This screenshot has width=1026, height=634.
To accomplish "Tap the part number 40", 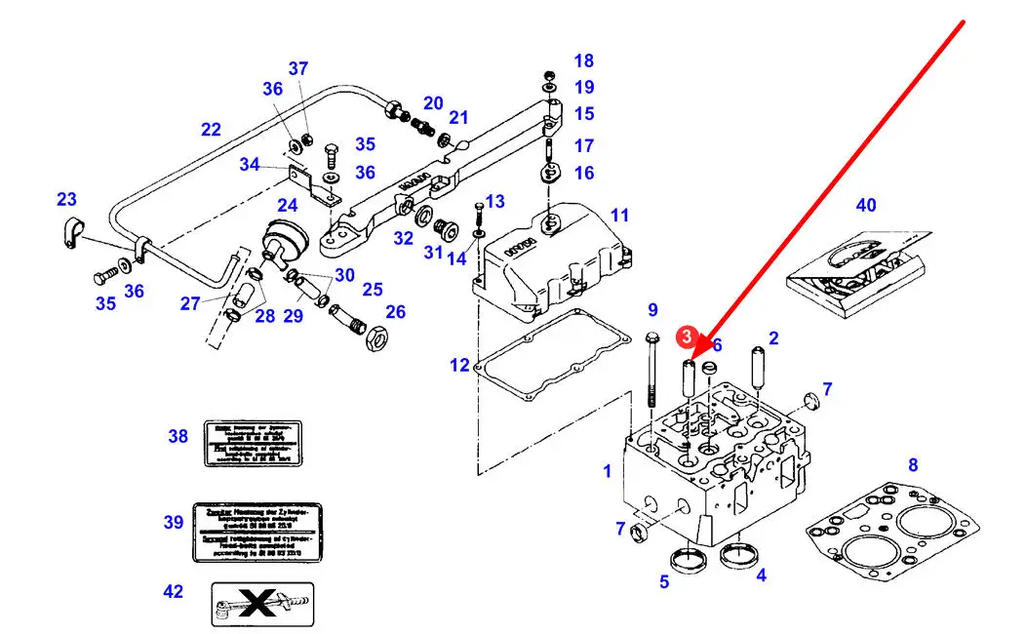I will pyautogui.click(x=866, y=206).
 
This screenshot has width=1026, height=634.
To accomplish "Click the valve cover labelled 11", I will pyautogui.click(x=551, y=260).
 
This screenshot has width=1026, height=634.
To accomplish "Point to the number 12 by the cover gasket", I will pyautogui.click(x=459, y=366).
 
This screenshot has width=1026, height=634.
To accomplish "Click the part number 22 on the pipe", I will pyautogui.click(x=211, y=129).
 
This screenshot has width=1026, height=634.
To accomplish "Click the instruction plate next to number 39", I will pyautogui.click(x=257, y=533).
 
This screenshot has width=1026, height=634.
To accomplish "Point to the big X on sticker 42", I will pyautogui.click(x=261, y=605).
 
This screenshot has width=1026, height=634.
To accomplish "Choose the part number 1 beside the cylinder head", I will pyautogui.click(x=608, y=471).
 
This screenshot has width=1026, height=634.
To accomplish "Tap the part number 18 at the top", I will pyautogui.click(x=583, y=60).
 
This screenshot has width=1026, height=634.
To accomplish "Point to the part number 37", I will pyautogui.click(x=298, y=69).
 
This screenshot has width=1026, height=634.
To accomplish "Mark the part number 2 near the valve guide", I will pyautogui.click(x=773, y=338).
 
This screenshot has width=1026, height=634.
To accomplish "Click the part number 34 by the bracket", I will pyautogui.click(x=251, y=165).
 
